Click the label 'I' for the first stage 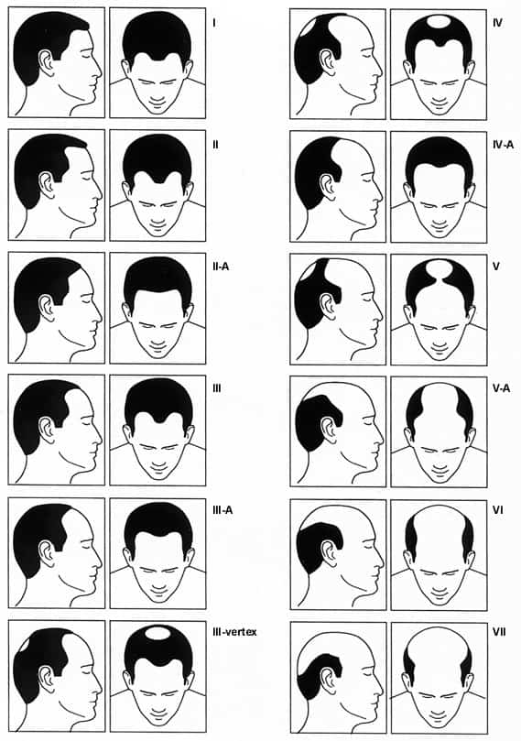(x=215, y=23)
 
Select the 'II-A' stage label (x=221, y=267)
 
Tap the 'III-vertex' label (x=234, y=632)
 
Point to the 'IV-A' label (x=503, y=145)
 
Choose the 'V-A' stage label (x=501, y=389)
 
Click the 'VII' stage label (x=499, y=632)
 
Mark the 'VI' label (x=497, y=511)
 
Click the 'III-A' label (x=223, y=511)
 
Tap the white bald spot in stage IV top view (x=439, y=21)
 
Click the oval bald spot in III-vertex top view (x=158, y=633)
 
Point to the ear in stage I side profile (x=47, y=63)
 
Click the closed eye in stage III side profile (x=85, y=422)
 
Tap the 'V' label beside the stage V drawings (x=496, y=267)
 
